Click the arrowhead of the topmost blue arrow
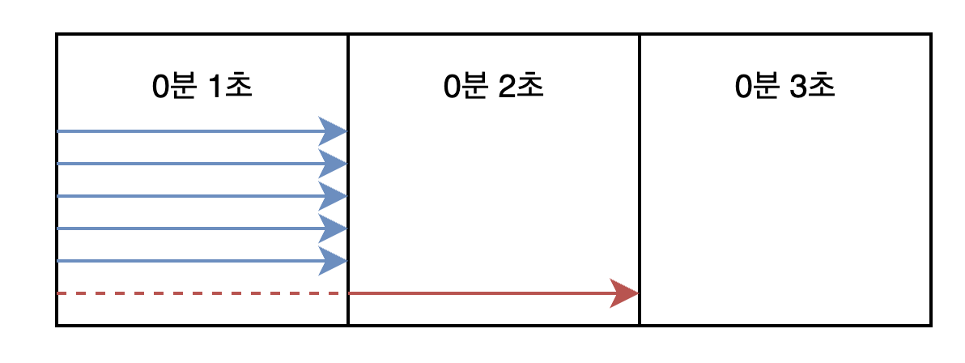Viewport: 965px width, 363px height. (x=333, y=131)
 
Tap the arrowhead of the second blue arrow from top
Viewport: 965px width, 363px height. (x=333, y=164)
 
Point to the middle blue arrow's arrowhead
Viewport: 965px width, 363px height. (x=333, y=196)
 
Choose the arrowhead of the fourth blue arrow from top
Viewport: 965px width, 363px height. (x=333, y=228)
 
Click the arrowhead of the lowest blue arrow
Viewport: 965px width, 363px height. (x=333, y=261)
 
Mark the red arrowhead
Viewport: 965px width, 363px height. (x=625, y=293)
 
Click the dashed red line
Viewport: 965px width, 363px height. (x=198, y=293)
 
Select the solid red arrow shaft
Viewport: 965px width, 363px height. (x=482, y=293)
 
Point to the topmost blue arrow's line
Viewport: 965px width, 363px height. (x=191, y=131)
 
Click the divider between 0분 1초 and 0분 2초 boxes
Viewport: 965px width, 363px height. (x=348, y=180)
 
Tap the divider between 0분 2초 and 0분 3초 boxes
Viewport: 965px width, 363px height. (x=640, y=180)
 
